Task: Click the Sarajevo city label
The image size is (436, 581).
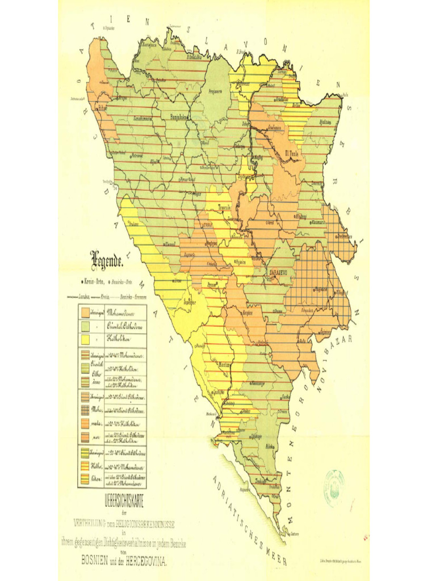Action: [x=278, y=272]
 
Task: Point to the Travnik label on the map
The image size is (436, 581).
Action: [x=228, y=208]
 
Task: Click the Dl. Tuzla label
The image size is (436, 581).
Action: [x=292, y=152]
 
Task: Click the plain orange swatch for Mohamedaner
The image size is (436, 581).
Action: [x=86, y=311]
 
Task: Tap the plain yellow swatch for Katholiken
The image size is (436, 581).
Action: [x=86, y=339]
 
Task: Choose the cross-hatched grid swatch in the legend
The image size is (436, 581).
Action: [x=86, y=409]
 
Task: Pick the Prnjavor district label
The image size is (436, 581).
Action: [x=215, y=91]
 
